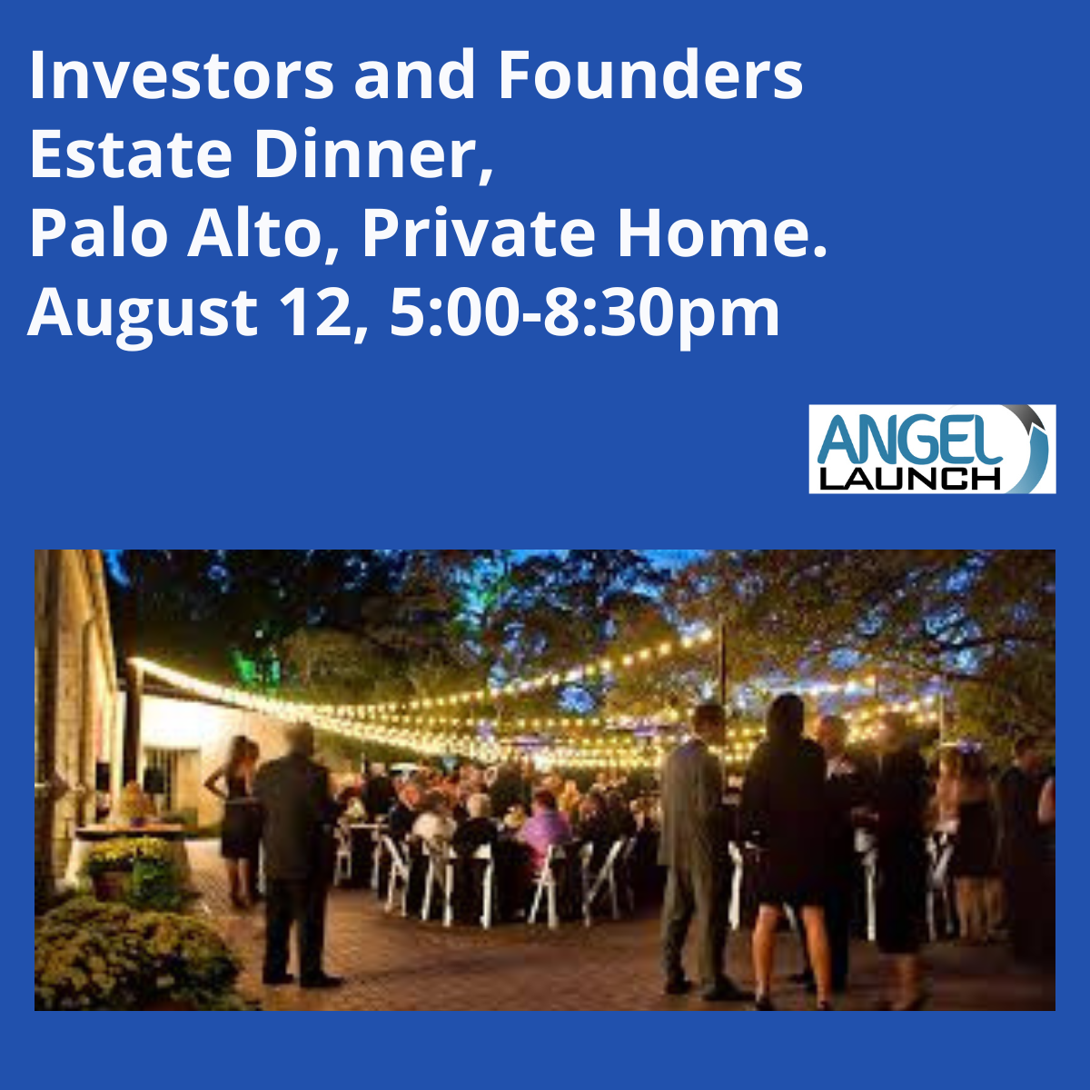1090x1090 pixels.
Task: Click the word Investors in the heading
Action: pos(182,74)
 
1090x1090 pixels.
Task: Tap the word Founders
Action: pos(650,74)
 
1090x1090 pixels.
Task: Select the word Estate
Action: pos(131,154)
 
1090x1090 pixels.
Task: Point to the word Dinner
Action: pos(373,154)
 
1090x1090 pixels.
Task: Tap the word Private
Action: pos(479,233)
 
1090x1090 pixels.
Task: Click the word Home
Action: pos(722,233)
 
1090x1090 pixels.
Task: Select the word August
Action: pos(143,312)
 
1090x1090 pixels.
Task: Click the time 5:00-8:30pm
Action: pos(584,312)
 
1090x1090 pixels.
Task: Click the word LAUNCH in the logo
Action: pos(909,479)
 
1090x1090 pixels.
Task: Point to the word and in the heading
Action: pos(414,74)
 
